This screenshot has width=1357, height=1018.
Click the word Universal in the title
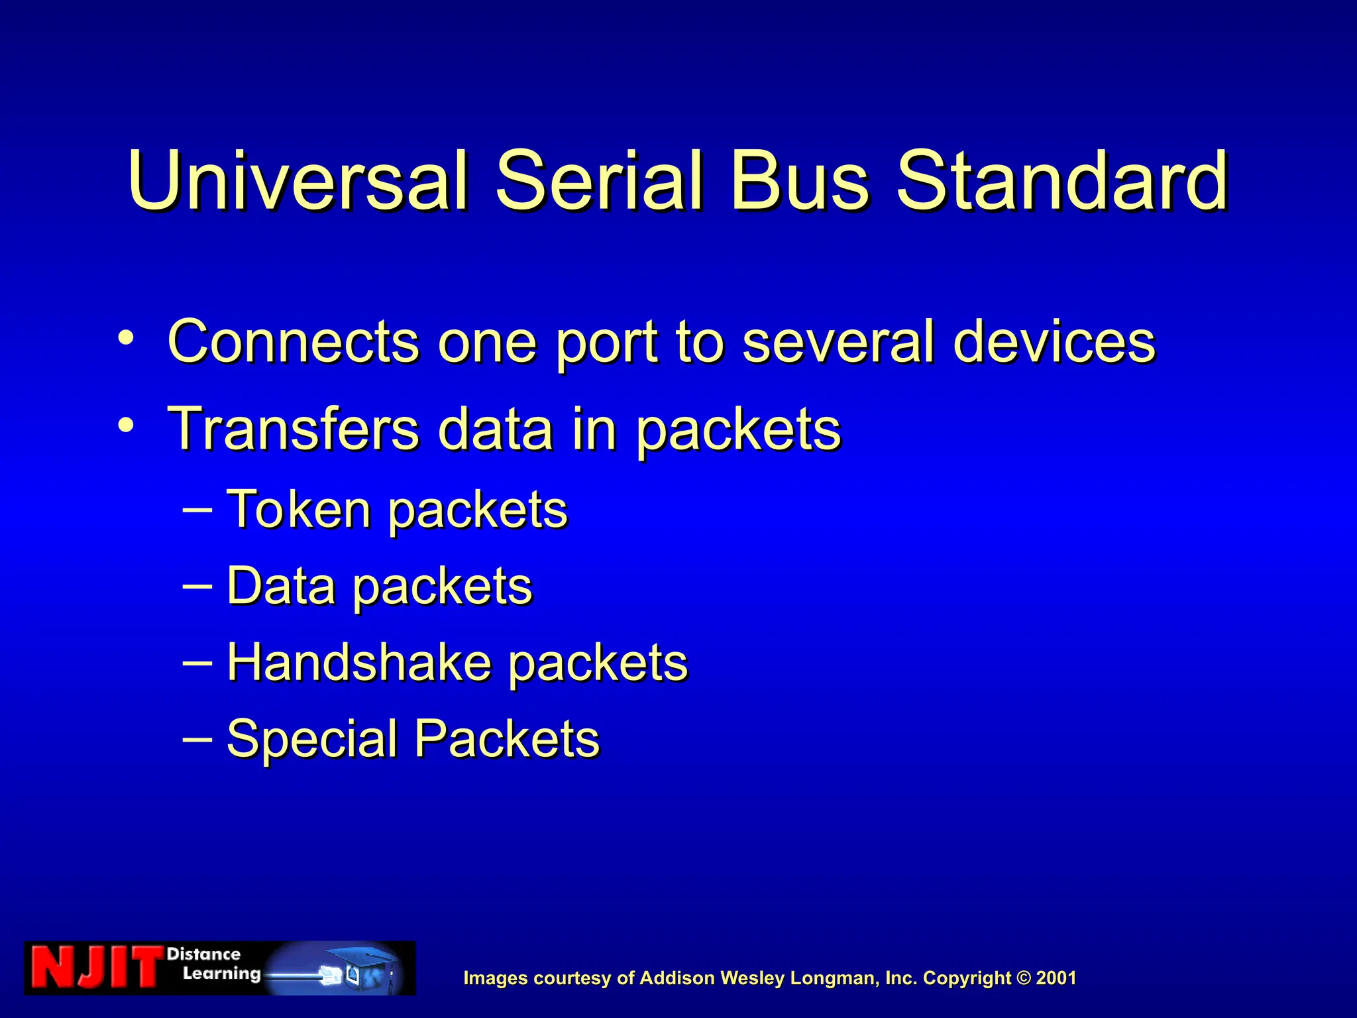[298, 180]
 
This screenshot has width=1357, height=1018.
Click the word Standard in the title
[1062, 180]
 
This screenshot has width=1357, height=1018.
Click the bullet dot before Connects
[126, 338]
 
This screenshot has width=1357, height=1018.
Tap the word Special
[311, 739]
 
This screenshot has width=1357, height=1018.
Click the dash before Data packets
[197, 586]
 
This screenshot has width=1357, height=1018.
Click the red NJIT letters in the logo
[96, 968]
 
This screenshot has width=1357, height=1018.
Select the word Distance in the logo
[203, 954]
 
